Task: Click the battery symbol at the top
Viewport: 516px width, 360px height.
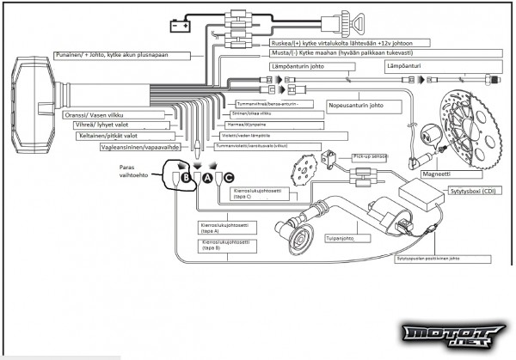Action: point(179,27)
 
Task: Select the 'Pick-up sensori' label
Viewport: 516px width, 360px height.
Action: point(371,158)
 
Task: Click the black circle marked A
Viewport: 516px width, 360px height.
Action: point(207,178)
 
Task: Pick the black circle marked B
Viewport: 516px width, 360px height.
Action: point(184,178)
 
